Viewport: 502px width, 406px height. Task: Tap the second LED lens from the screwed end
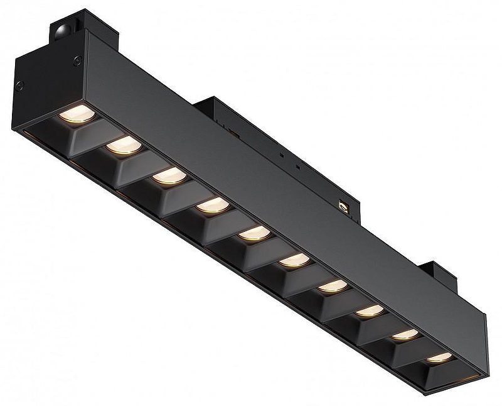(122, 146)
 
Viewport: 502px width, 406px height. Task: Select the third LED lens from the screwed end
(169, 177)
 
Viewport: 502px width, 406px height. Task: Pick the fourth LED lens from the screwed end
(212, 206)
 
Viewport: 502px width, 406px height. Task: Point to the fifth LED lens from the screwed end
(254, 233)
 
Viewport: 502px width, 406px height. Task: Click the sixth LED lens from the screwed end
(294, 260)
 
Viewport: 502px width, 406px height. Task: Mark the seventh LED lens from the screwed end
(333, 286)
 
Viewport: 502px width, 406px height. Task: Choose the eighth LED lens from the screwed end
(370, 310)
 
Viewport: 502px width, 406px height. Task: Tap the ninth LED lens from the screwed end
(405, 334)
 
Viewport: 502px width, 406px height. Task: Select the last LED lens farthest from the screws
(439, 358)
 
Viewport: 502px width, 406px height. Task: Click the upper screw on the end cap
(77, 60)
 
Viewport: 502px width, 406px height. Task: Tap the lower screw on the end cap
(20, 86)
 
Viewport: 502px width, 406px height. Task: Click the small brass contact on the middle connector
(343, 205)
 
